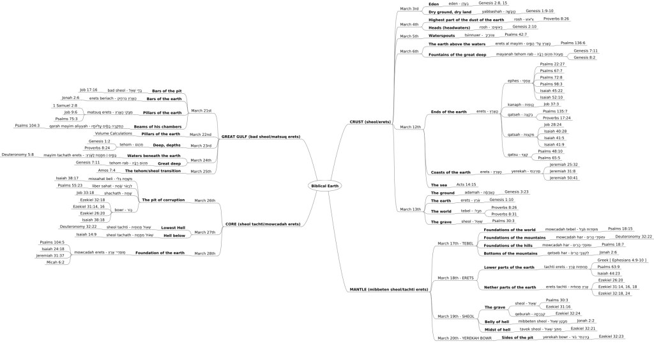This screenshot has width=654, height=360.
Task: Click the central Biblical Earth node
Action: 324,186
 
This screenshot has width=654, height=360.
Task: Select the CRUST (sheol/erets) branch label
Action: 370,121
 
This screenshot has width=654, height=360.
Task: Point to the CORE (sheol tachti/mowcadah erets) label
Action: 262,224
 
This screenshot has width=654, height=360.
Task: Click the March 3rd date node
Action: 409,9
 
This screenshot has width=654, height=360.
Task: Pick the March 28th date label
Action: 204,253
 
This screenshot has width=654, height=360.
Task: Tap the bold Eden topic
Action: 434,4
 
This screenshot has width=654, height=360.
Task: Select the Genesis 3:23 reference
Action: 517,174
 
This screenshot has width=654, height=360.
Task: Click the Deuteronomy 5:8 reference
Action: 18,154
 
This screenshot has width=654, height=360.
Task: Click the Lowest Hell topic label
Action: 172,227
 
